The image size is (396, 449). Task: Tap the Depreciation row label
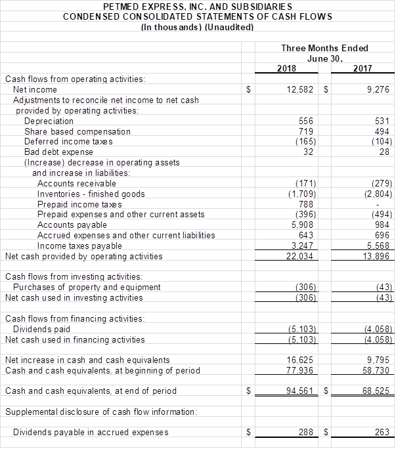coord(49,121)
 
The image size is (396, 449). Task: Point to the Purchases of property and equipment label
coord(87,287)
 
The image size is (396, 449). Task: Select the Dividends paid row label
coord(41,329)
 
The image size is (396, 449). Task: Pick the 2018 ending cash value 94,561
coord(301,391)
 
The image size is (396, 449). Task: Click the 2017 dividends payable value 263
coord(383,432)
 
